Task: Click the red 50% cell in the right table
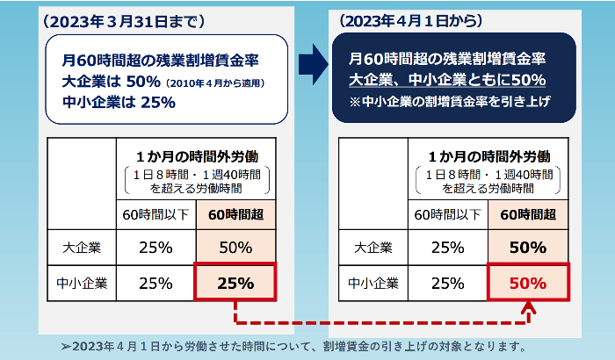pos(528,283)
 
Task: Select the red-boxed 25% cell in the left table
pos(235,283)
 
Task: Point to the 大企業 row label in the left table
pos(82,247)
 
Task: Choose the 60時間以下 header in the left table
pos(156,212)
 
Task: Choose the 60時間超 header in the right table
pos(527,212)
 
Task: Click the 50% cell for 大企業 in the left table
pos(235,247)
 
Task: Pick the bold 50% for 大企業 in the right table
pos(528,247)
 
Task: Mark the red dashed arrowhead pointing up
pos(529,308)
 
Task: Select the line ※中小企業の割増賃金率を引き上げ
pos(448,101)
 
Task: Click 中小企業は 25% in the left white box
pos(119,103)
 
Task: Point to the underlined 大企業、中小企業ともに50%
pos(447,80)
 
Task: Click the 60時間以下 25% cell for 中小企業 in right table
pos(449,283)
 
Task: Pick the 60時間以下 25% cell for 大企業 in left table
pos(156,247)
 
